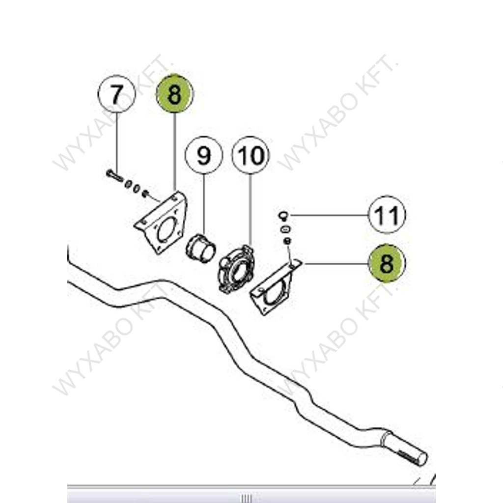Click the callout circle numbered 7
[117, 94]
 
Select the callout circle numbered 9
[204, 155]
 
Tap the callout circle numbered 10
[251, 155]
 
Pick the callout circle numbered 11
[387, 215]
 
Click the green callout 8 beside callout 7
[174, 94]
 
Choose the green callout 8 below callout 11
[387, 263]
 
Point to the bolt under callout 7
[114, 176]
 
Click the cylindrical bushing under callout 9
[201, 249]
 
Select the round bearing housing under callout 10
[236, 269]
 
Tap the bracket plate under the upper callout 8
[161, 222]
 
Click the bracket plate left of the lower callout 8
[275, 287]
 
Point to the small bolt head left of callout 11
[283, 216]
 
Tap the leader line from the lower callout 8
[336, 264]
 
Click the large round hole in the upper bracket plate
[168, 229]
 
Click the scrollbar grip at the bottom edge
[247, 499]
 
